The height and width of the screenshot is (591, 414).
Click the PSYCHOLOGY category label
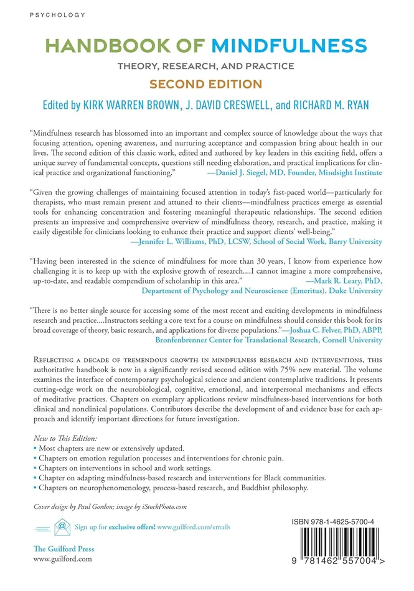(x=49, y=13)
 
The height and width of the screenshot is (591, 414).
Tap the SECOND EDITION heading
(x=207, y=83)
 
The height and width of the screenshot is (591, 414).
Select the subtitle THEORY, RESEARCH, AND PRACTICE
(x=207, y=65)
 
